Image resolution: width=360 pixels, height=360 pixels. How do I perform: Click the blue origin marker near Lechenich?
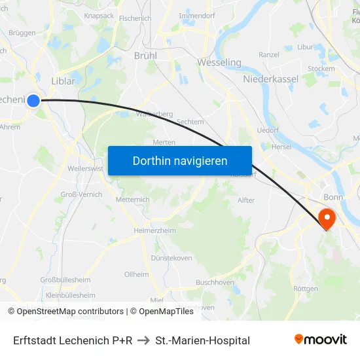coord(33,100)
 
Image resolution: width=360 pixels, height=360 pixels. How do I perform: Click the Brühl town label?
coord(145,56)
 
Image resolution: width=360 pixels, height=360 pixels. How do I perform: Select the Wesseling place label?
coord(219,63)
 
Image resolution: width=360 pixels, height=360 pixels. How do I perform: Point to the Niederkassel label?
coord(270,79)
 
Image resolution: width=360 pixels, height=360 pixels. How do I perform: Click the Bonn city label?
coord(333,197)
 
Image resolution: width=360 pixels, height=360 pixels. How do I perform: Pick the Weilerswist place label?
coord(86,169)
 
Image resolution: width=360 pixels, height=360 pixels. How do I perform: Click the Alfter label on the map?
coord(246,200)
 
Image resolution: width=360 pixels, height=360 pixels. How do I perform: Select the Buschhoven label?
coord(215,282)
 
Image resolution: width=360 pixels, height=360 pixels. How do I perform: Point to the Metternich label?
coord(132,200)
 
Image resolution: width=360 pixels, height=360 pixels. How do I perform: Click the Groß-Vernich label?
coord(81,195)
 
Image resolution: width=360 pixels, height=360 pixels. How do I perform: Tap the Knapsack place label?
coord(98,14)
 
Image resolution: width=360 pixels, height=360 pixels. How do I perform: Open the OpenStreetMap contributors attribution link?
coord(65,312)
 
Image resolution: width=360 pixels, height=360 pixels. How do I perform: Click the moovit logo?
coord(321,340)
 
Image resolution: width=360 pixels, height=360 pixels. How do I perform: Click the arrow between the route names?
coord(143,340)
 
